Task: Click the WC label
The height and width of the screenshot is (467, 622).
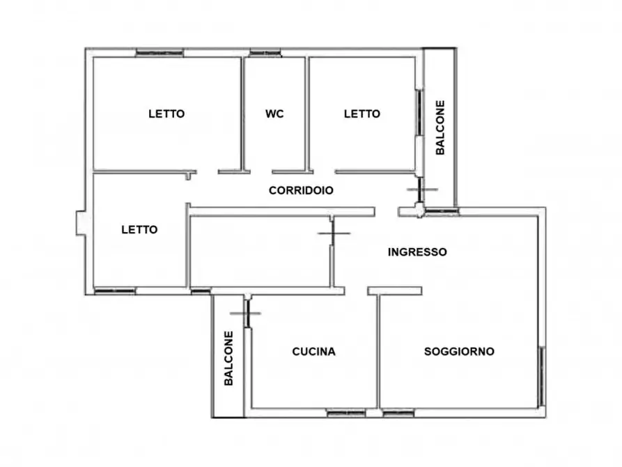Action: coord(274,114)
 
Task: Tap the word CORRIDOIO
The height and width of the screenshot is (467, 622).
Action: coord(301,190)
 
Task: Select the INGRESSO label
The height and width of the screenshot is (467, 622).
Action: coord(417,252)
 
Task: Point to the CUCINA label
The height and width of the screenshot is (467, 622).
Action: coord(313,351)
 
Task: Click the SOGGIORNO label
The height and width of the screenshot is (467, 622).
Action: coord(459,351)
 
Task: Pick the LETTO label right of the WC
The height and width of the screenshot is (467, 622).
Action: coord(362,114)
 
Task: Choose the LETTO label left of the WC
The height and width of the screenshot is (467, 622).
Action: coord(166,114)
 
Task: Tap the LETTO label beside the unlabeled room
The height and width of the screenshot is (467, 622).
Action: coord(139,229)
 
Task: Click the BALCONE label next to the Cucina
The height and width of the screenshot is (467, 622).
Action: coord(228,358)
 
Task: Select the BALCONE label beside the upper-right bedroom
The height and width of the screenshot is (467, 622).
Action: coord(440,128)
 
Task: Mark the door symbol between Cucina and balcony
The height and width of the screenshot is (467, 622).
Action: coord(246,313)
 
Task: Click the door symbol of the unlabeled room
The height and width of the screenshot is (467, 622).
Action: coord(333,233)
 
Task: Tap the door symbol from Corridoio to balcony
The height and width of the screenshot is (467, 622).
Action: coord(421,190)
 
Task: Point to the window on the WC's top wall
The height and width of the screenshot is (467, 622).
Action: coord(265,52)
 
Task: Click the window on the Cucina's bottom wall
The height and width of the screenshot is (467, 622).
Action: coord(345,413)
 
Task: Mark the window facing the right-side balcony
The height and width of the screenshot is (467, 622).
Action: coord(419,112)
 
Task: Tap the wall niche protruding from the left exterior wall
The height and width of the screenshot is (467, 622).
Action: coord(81,223)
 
